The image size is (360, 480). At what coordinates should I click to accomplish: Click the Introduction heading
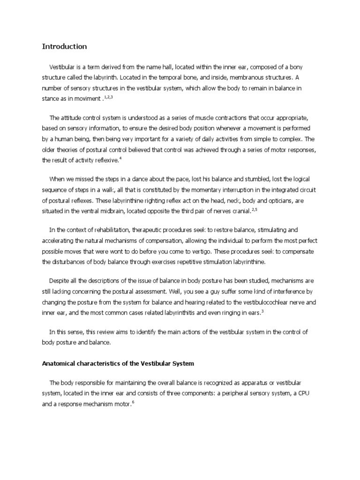tap(64, 46)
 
